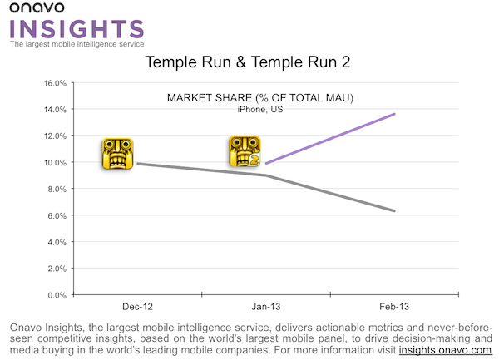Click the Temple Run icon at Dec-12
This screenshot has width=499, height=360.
point(116,154)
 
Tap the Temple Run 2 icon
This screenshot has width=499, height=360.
point(245,152)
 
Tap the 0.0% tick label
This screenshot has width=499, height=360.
point(56,294)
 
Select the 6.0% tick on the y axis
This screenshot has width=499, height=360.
point(56,215)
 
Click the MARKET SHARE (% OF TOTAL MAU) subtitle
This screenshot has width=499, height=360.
point(261,98)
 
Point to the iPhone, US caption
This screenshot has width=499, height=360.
point(260,110)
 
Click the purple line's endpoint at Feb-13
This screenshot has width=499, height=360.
point(395,114)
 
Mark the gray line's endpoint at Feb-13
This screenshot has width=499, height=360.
point(395,211)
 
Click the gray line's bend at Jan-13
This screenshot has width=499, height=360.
point(266,175)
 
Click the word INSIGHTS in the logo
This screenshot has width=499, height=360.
point(77,29)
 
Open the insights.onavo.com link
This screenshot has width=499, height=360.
point(446,350)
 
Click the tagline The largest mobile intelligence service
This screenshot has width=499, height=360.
point(77,44)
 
